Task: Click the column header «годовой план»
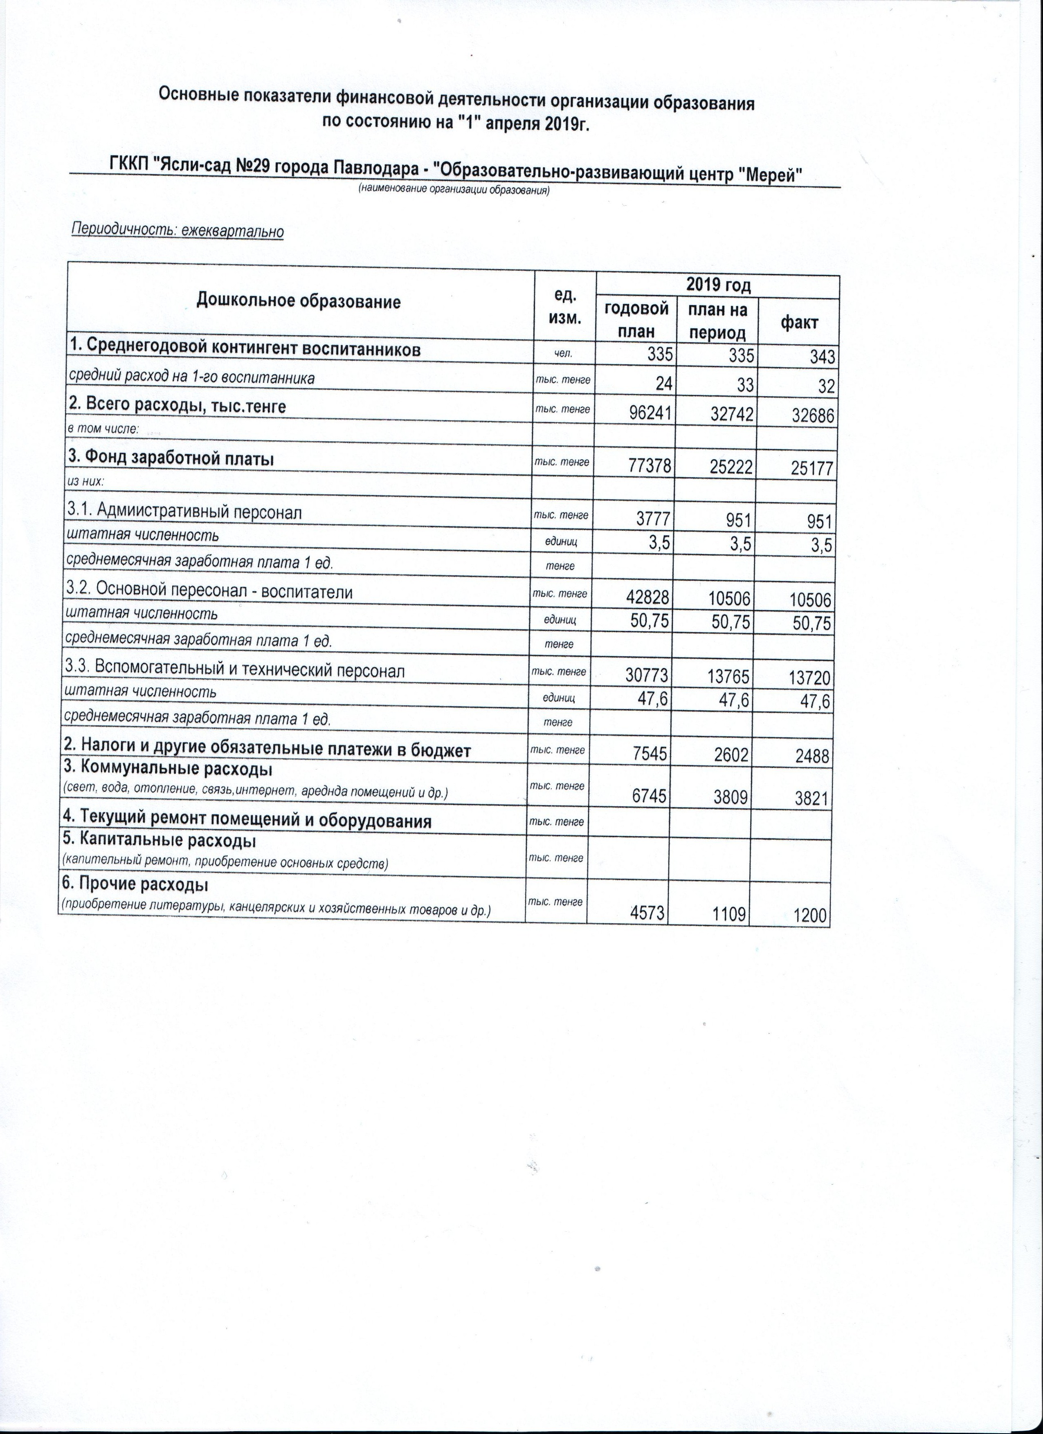click(x=636, y=320)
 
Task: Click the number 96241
click(x=646, y=413)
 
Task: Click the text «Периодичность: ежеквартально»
click(x=178, y=231)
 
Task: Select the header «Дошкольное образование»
click(x=299, y=301)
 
